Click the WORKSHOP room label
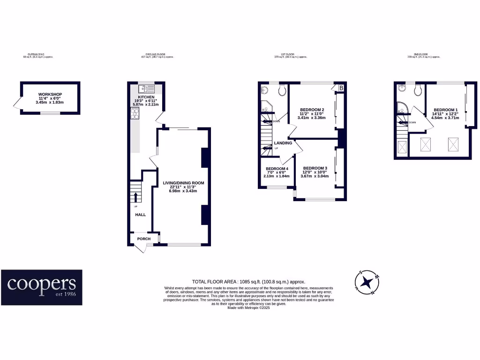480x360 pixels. click(50, 94)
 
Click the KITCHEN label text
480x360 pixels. click(146, 97)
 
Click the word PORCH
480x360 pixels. click(144, 239)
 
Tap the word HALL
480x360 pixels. click(141, 215)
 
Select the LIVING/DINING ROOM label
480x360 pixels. click(183, 183)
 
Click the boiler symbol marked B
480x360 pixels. click(341, 88)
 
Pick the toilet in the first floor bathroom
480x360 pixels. click(283, 90)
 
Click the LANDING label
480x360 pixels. click(283, 143)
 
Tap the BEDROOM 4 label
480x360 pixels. click(277, 169)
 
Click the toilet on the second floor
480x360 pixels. click(418, 90)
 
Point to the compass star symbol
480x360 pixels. click(367, 282)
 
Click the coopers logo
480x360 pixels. click(41, 287)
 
